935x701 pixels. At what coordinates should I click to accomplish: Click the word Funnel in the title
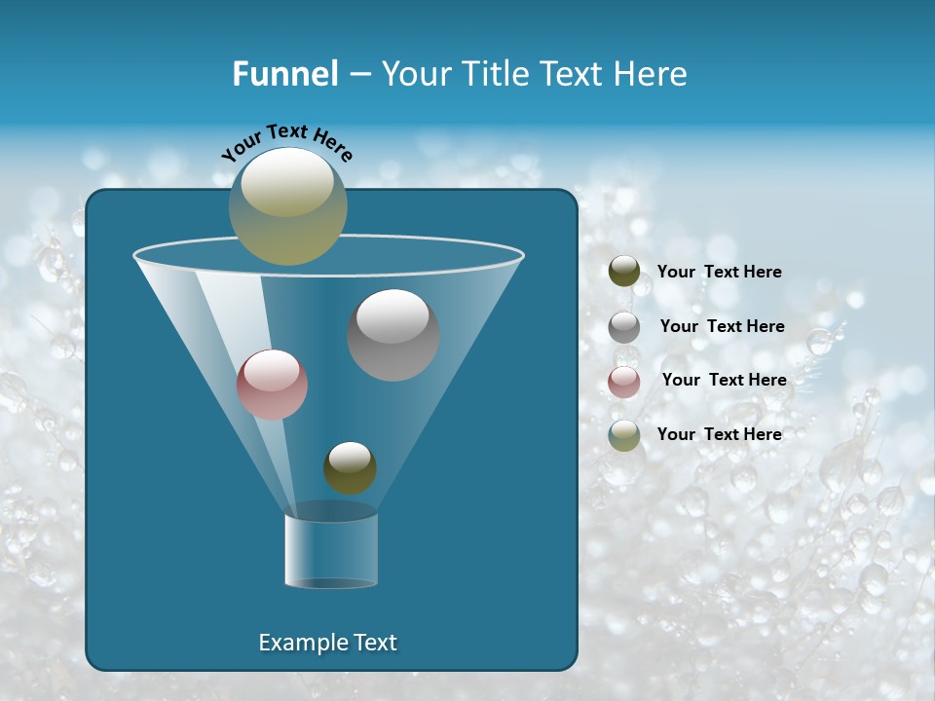click(285, 74)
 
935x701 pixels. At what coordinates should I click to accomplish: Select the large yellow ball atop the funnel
click(287, 206)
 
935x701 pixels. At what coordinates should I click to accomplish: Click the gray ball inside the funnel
click(393, 336)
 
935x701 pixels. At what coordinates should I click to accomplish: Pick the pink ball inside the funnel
click(272, 385)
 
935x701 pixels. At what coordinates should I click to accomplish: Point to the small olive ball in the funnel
click(350, 468)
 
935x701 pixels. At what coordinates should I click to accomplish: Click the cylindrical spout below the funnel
click(331, 549)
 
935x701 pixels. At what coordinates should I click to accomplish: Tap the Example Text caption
click(327, 643)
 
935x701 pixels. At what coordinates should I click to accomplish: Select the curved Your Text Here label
click(286, 142)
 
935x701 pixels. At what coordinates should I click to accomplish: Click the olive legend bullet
click(624, 272)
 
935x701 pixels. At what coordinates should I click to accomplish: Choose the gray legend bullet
click(624, 326)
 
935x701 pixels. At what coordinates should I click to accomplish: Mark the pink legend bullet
click(624, 381)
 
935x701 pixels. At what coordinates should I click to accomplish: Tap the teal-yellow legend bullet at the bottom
click(624, 434)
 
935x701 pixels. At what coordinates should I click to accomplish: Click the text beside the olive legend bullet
click(719, 272)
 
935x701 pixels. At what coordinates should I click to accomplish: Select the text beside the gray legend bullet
click(722, 326)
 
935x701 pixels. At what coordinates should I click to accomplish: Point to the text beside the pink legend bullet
click(724, 380)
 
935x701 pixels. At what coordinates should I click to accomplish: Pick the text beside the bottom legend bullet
click(719, 434)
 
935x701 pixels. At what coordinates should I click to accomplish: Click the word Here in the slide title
click(654, 74)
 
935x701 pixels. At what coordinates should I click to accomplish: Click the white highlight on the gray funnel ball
click(393, 315)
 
